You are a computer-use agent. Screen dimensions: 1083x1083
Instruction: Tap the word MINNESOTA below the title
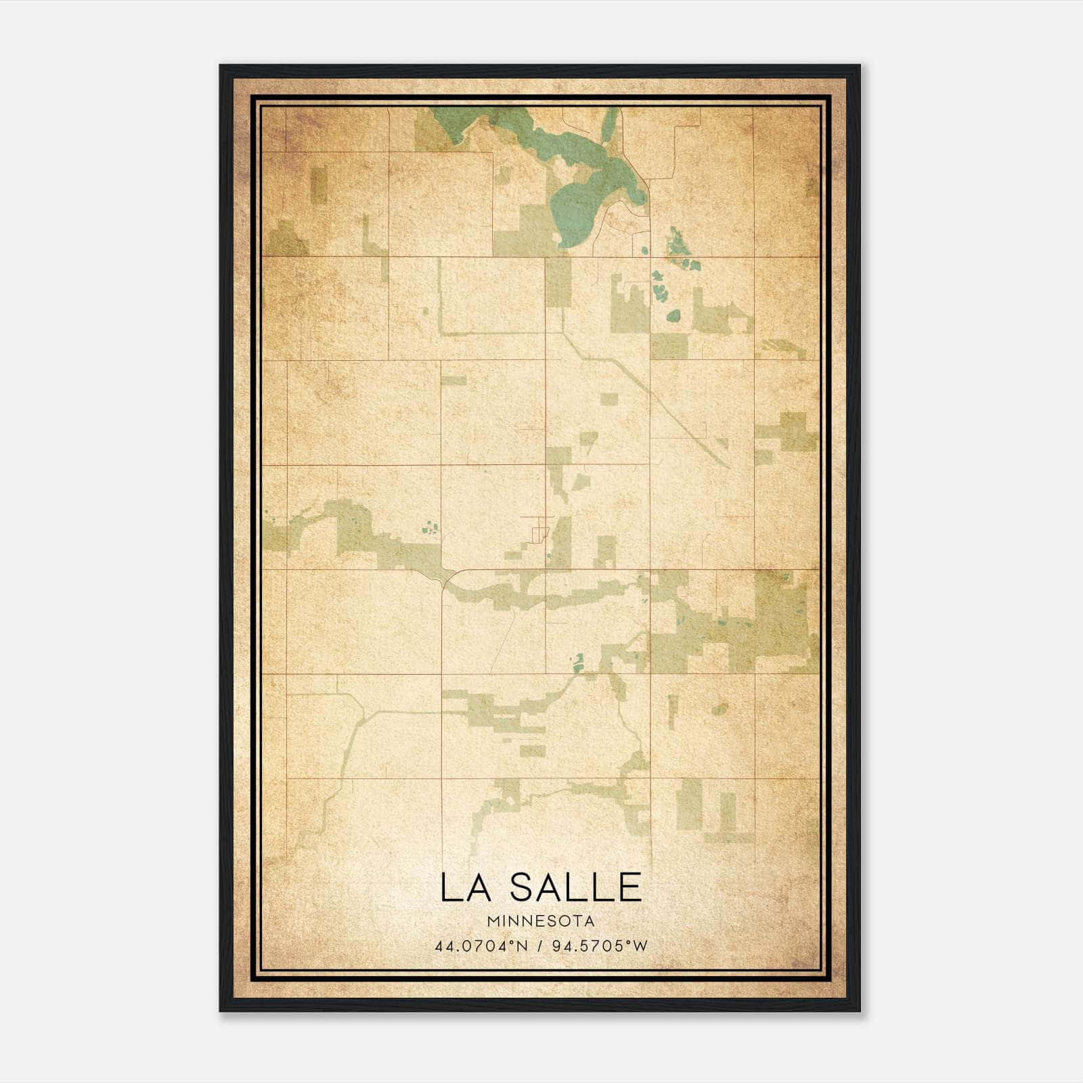[541, 921]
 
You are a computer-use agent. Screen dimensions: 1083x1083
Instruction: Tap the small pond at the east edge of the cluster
[673, 315]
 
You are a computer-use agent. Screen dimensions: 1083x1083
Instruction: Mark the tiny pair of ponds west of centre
[429, 527]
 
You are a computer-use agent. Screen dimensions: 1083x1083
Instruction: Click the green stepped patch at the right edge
[789, 433]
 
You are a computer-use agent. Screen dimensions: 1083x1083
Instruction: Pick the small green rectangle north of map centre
[610, 399]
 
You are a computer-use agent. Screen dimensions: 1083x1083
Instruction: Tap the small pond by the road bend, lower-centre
[578, 661]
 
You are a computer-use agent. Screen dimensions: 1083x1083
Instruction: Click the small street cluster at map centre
[539, 528]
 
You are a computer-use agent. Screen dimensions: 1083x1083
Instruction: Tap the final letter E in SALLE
[629, 887]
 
